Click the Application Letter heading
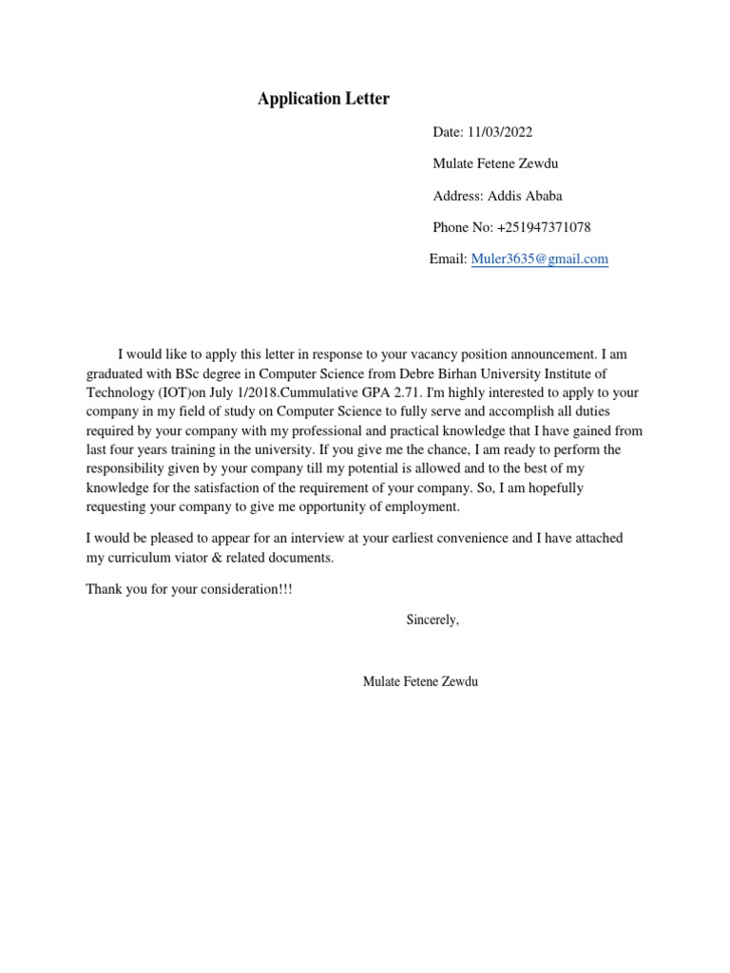[x=323, y=99]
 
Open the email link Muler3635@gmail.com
[x=539, y=258]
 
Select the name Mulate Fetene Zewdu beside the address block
[x=495, y=163]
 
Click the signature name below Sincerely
[x=420, y=681]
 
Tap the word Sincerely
[x=432, y=620]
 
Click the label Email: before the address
[x=448, y=258]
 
